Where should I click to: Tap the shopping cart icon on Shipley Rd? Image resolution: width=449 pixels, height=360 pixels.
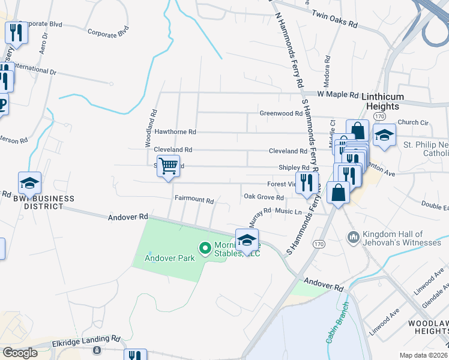click(169, 165)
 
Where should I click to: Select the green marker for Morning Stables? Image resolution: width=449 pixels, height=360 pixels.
click(205, 247)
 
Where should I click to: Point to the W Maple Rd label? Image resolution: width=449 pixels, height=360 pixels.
click(337, 94)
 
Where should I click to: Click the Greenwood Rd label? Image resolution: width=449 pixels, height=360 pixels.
click(280, 113)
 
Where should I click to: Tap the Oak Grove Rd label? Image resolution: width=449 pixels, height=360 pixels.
click(264, 196)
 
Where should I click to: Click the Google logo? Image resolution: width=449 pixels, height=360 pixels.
click(20, 353)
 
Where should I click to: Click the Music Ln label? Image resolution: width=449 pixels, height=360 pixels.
click(288, 211)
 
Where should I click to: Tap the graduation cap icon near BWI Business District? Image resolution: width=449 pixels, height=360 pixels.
click(29, 182)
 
